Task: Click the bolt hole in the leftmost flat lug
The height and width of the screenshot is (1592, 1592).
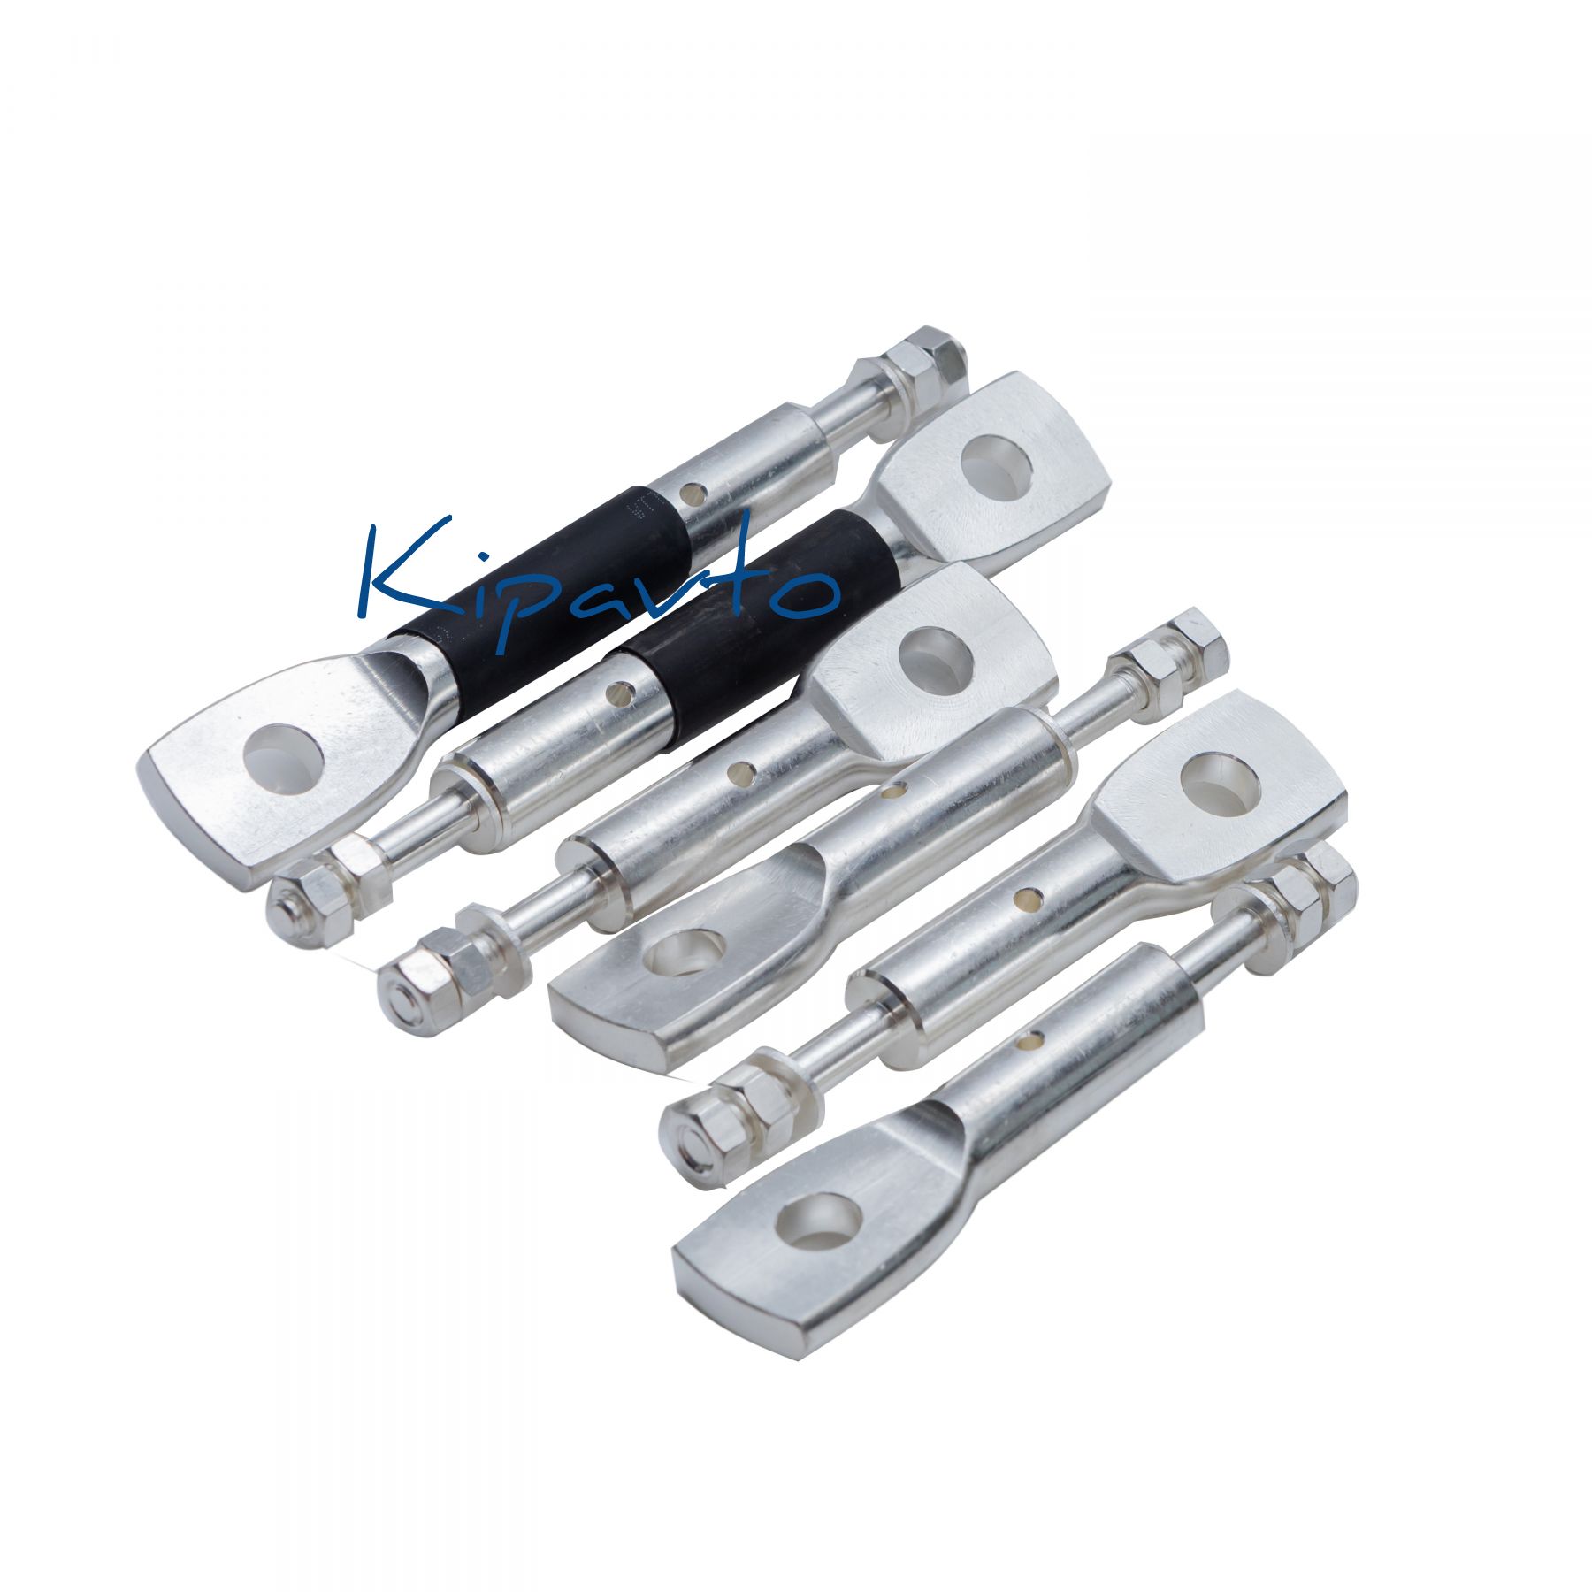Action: [x=281, y=758]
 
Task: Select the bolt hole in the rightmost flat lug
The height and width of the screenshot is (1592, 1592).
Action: [x=1221, y=784]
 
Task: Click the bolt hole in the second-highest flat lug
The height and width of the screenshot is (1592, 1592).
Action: [x=936, y=655]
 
